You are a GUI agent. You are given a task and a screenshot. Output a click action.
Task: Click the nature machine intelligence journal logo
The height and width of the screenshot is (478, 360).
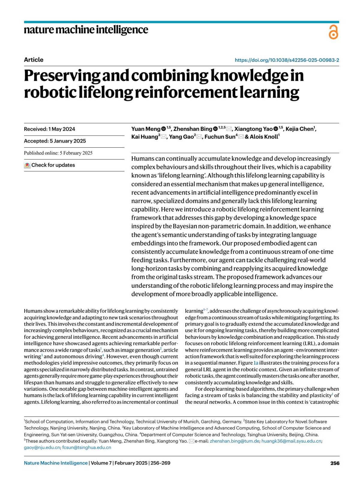click(86, 30)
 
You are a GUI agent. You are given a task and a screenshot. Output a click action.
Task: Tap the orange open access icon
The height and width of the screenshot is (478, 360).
click(333, 32)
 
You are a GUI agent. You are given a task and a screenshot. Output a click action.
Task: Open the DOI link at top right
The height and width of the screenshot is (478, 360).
click(286, 60)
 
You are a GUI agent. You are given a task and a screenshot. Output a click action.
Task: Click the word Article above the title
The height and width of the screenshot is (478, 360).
click(34, 60)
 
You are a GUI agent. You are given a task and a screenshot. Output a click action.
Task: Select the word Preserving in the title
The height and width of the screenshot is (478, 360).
click(62, 76)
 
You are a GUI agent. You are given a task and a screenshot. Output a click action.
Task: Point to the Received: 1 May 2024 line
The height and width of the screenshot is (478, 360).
click(49, 129)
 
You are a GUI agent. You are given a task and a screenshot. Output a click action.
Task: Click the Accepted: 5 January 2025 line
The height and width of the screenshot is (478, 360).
click(55, 141)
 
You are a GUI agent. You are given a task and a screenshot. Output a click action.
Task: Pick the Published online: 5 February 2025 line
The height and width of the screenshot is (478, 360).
click(58, 153)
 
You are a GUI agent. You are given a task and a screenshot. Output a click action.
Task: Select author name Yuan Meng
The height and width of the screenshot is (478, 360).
click(146, 129)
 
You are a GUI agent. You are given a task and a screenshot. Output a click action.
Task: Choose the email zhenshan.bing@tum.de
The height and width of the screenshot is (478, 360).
click(234, 441)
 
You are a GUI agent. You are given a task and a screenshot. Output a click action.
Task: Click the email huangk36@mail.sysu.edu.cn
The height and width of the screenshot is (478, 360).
click(291, 441)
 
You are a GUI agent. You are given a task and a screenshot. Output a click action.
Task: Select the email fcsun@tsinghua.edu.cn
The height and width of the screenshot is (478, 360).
click(86, 447)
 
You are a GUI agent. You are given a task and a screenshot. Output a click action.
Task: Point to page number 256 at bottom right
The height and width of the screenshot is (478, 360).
click(335, 463)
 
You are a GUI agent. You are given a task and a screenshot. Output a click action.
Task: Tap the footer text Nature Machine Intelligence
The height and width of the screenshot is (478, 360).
click(56, 463)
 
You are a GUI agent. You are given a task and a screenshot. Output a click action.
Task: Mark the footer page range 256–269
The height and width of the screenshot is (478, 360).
click(160, 463)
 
